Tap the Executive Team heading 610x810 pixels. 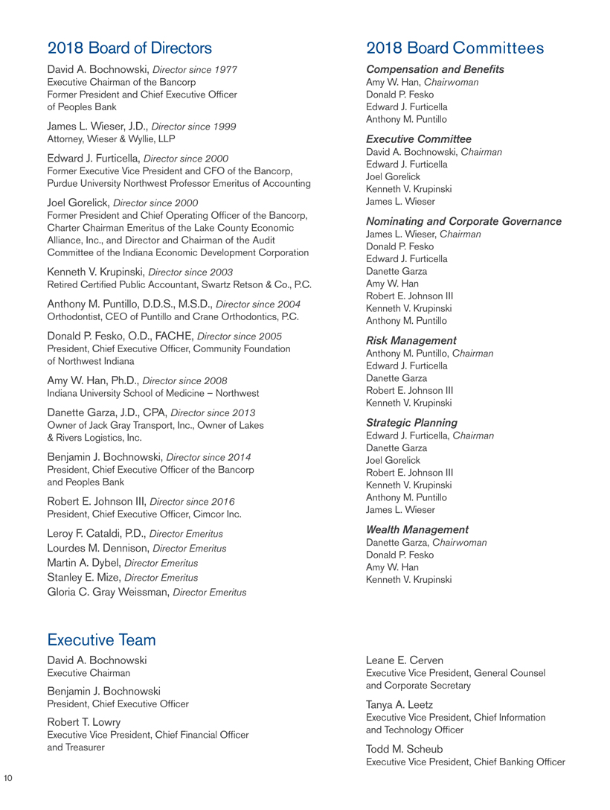(x=101, y=640)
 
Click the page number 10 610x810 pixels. (x=9, y=778)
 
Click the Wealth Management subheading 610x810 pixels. (x=417, y=529)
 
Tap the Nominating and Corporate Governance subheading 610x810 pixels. (x=464, y=221)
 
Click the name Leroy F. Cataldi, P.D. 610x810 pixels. (x=100, y=534)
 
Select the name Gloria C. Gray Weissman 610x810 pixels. (x=107, y=592)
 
